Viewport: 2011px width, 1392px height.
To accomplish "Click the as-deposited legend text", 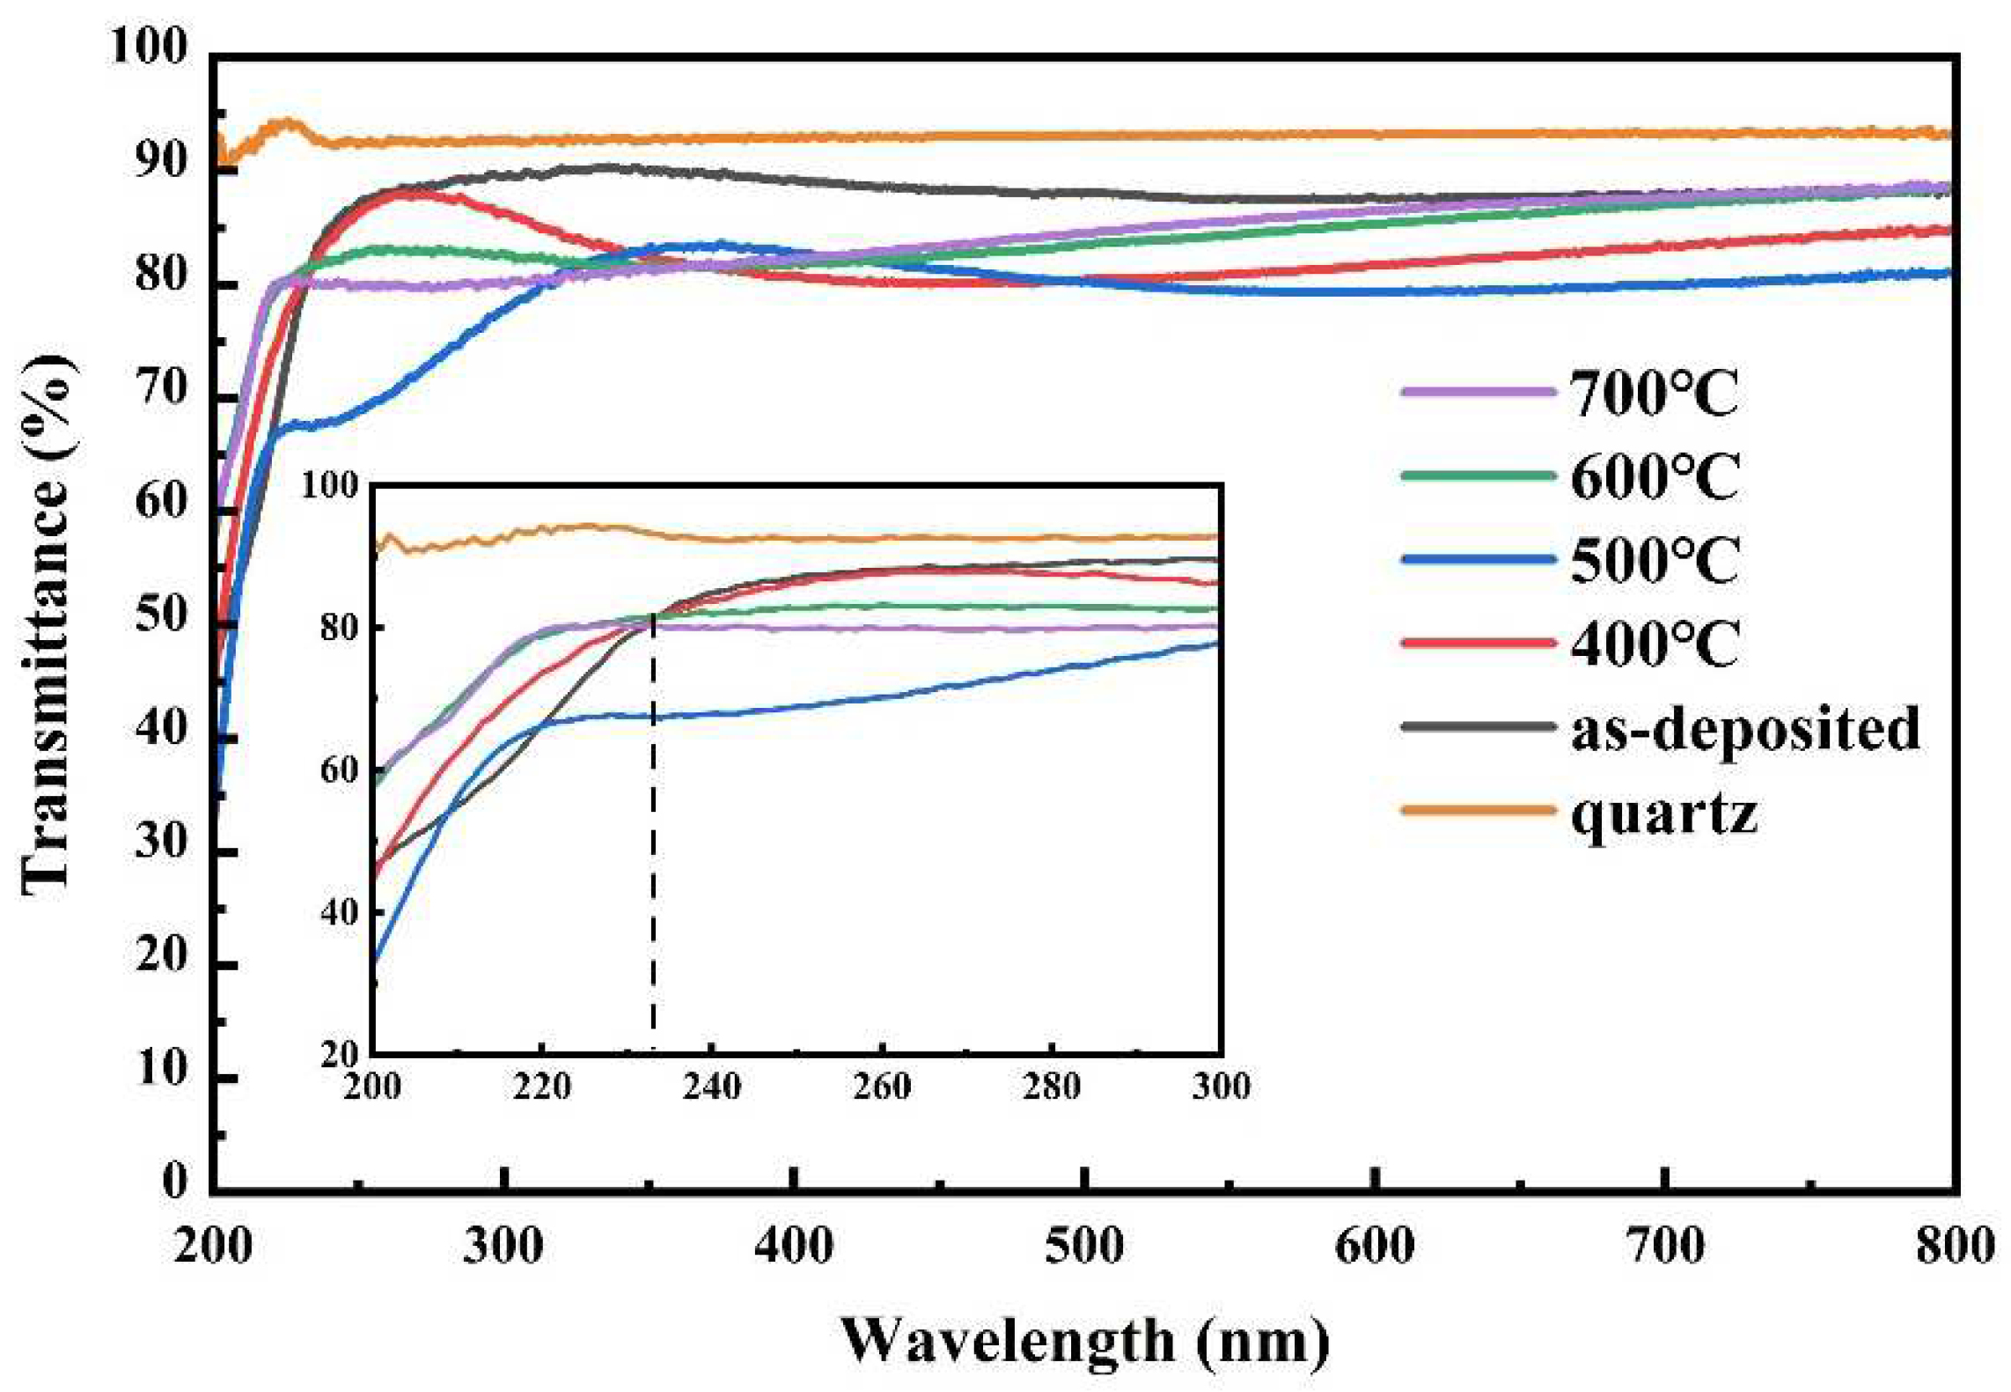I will coord(1744,729).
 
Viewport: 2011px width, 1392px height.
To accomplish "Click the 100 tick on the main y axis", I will coord(148,46).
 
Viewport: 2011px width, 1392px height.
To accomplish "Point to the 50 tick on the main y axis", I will coord(161,614).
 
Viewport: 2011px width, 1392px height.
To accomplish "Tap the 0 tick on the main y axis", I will coord(174,1180).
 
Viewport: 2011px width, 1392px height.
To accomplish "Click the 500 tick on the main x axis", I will coord(1084,1246).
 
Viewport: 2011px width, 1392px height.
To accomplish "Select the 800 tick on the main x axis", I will coord(1955,1246).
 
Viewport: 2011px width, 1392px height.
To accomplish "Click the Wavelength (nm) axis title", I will coord(1084,1341).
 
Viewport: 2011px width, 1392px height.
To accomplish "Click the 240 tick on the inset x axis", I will coord(711,1086).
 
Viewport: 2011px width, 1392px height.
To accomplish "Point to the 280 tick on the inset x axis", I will coord(1052,1086).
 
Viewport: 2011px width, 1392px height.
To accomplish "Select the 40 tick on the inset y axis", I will coord(339,912).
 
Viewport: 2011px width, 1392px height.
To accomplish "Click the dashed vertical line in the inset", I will coord(653,836).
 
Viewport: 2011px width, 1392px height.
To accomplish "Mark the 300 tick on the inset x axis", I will coord(1221,1086).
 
